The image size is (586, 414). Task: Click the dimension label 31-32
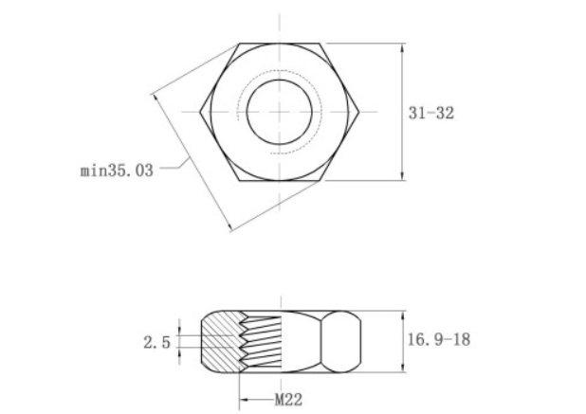(431, 113)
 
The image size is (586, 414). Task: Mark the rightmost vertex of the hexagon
(361, 111)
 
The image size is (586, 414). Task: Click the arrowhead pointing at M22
(244, 399)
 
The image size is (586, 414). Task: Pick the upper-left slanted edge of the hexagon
(218, 76)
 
